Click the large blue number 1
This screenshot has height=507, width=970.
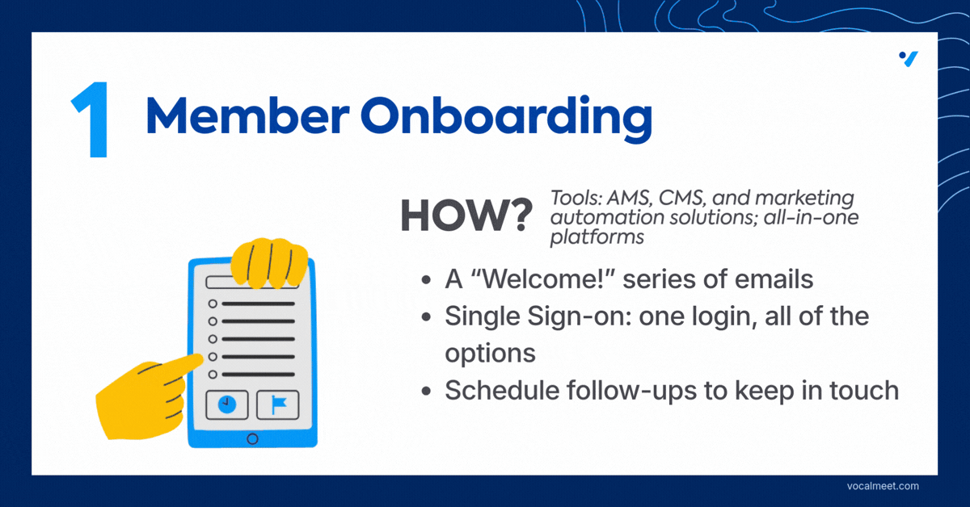point(93,119)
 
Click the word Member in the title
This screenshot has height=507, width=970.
point(247,115)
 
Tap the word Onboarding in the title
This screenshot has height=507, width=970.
point(506,119)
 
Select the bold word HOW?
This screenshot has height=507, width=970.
point(466,216)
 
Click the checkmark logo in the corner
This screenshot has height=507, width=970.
point(909,59)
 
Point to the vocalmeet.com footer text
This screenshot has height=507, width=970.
point(883,486)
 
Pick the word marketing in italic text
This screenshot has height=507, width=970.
point(804,199)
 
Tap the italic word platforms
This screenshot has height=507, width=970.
point(597,237)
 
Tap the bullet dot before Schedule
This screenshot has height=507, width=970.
point(426,392)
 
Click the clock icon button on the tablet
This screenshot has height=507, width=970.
point(227,405)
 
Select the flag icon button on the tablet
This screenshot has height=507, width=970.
point(277,405)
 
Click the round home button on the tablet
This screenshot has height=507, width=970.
point(252,439)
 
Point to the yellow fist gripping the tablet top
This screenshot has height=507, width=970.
point(269,262)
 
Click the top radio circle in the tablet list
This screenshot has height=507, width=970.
point(213,304)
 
